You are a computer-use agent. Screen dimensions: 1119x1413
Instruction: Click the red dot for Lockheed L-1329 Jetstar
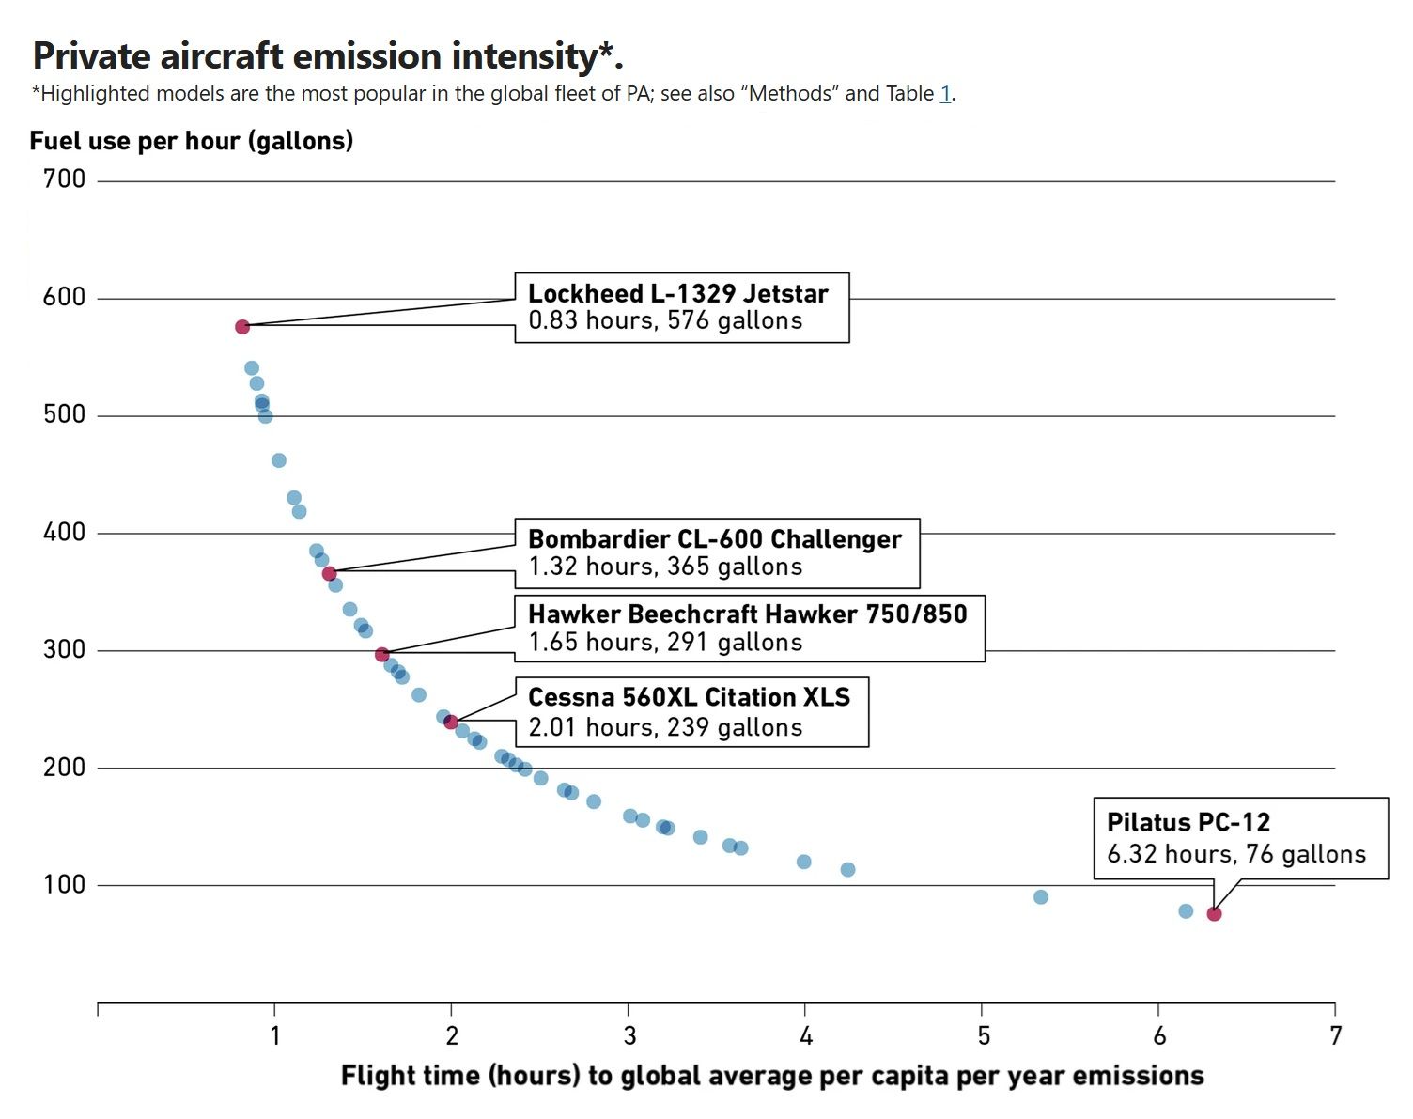tap(242, 327)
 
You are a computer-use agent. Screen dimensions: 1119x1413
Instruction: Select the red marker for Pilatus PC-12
tap(1214, 914)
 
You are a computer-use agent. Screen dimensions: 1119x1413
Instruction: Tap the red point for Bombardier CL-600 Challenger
tap(329, 574)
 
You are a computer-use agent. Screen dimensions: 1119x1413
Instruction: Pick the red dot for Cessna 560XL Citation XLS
tap(451, 723)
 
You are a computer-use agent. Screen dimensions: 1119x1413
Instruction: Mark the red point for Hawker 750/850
tap(382, 655)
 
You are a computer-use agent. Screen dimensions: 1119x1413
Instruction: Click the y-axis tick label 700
tap(64, 179)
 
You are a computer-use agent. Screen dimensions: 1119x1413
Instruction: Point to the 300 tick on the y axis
tap(64, 649)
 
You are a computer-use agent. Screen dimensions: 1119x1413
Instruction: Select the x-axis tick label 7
tap(1335, 1035)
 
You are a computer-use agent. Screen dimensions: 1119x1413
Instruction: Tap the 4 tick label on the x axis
tap(805, 1035)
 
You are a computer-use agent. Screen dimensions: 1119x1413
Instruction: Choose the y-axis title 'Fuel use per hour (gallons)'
tap(192, 141)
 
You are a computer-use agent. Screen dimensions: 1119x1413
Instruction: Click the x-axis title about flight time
tap(771, 1076)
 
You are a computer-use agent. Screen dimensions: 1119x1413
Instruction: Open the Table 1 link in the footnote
tap(945, 94)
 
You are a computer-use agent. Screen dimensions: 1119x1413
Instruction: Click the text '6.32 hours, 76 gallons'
tap(1236, 854)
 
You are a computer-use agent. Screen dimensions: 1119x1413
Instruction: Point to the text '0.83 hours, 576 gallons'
tap(665, 321)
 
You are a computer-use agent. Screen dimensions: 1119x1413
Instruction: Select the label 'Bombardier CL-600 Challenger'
tap(714, 539)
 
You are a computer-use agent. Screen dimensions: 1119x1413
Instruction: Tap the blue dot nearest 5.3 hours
tap(1040, 897)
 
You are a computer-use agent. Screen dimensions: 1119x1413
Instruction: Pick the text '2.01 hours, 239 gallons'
tap(665, 728)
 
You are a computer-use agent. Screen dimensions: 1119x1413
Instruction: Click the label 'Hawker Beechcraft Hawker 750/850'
tap(747, 614)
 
